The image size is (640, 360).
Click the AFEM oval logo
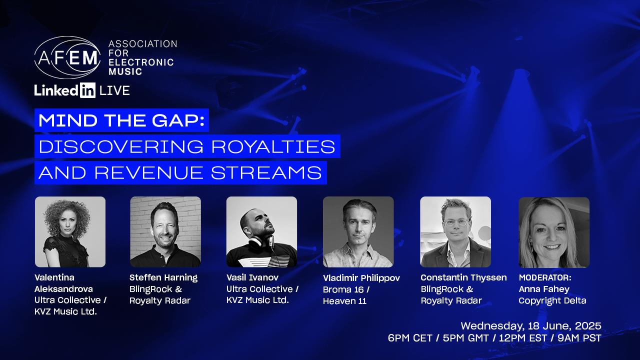tap(67, 57)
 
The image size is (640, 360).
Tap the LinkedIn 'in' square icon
tap(87, 90)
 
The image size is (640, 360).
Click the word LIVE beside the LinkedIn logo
tap(114, 91)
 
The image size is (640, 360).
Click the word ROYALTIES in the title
tap(273, 146)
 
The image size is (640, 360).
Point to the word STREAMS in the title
tap(266, 173)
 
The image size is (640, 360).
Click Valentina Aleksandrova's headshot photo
tap(70, 231)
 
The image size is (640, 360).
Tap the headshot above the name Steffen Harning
tap(165, 231)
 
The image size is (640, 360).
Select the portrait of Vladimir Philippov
tap(358, 231)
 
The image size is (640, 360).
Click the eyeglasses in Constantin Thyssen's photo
tap(456, 222)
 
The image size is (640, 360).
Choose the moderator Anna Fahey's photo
tap(554, 232)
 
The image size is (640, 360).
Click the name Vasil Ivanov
tap(252, 277)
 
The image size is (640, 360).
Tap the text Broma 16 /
tap(346, 289)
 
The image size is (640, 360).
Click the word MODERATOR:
tap(545, 277)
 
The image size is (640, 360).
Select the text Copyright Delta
tap(552, 300)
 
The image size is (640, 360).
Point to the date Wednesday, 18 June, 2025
tap(531, 326)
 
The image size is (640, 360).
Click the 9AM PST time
tap(579, 338)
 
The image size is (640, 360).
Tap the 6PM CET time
tap(410, 338)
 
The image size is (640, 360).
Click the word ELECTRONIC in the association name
tap(141, 62)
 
